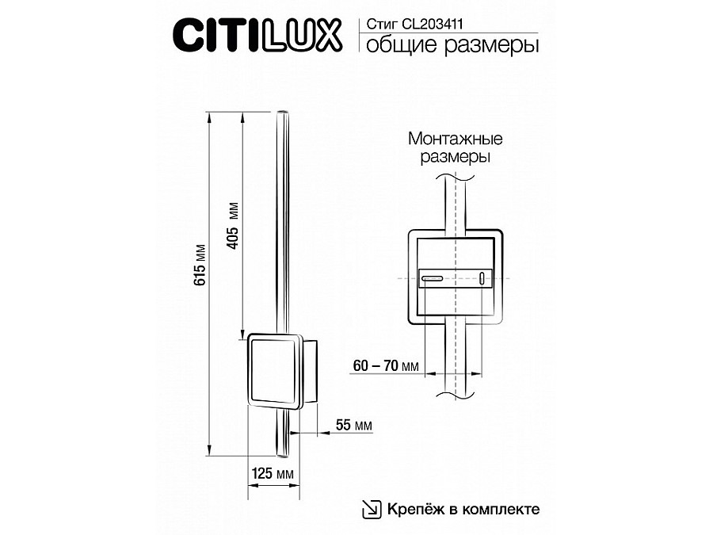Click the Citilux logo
[258, 34]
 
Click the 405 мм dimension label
[233, 227]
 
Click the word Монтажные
[456, 139]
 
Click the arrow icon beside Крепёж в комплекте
[371, 508]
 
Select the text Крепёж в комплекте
[463, 508]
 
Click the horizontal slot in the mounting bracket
[433, 278]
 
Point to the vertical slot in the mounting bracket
[481, 278]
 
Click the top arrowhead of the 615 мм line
[210, 117]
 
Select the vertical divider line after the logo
[358, 34]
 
